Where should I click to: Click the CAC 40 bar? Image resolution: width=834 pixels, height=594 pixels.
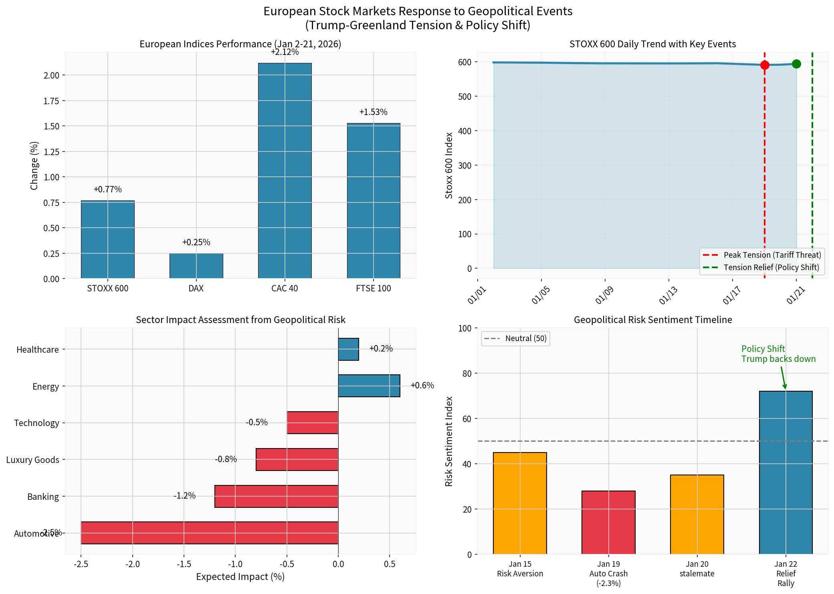point(285,170)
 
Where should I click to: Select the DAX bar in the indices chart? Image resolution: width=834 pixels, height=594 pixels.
point(196,266)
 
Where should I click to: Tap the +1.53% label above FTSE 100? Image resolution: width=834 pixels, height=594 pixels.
point(373,112)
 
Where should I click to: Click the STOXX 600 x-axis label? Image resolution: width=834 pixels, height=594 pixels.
point(107,289)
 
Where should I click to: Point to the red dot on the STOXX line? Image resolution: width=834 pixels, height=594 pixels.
point(765,65)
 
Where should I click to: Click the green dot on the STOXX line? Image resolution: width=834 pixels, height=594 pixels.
point(796,64)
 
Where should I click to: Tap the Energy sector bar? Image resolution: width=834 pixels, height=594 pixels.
point(369,386)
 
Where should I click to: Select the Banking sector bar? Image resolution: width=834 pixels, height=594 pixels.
point(276,496)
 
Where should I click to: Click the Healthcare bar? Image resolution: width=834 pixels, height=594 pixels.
point(348,349)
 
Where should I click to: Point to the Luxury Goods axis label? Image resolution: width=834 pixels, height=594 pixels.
point(32,460)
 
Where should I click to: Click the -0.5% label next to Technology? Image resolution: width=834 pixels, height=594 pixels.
point(256,422)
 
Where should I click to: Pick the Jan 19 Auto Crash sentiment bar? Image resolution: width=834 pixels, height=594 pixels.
point(608,522)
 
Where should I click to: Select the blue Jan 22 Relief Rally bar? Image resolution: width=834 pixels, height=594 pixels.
point(786,473)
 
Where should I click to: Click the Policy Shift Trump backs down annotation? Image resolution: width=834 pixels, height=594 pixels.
point(778,354)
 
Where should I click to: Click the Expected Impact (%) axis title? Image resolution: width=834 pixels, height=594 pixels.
point(240,577)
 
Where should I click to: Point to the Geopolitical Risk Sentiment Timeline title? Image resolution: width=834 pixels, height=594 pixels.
point(652,320)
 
